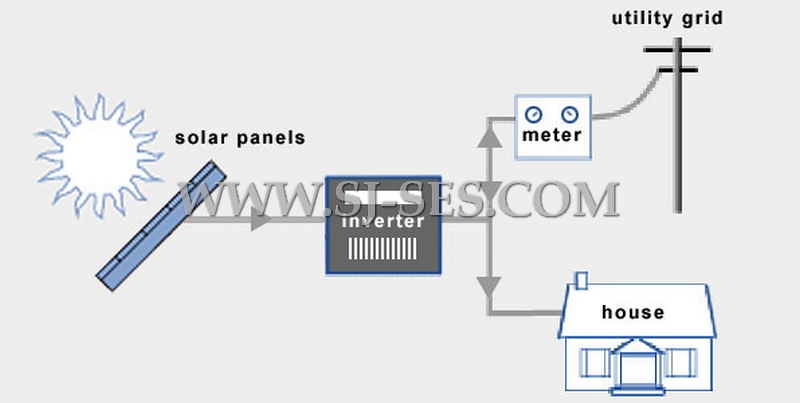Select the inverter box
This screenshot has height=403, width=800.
(x=383, y=226)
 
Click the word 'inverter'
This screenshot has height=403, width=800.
(x=383, y=221)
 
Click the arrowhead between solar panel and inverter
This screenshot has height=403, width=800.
(x=262, y=221)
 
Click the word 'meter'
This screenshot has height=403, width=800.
(x=552, y=135)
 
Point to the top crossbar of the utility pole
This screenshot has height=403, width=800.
(x=677, y=48)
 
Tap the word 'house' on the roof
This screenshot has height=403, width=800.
(x=632, y=312)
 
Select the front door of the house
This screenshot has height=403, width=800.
(x=635, y=369)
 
